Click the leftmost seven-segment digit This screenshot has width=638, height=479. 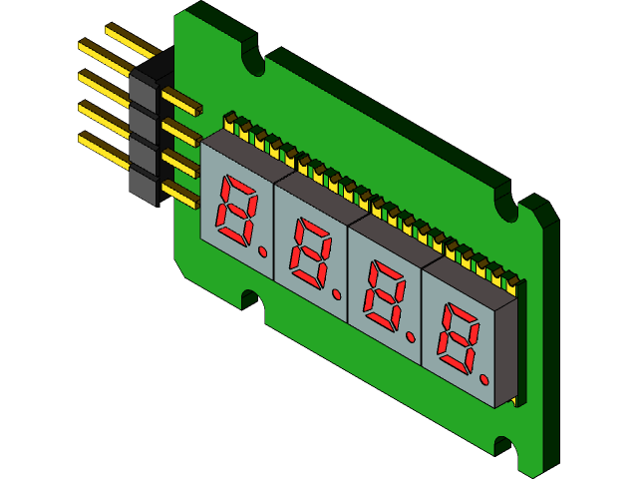tap(237, 211)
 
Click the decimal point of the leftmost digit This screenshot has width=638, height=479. tap(262, 252)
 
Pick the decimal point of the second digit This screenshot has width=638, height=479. tap(337, 295)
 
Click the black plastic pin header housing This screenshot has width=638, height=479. tap(144, 130)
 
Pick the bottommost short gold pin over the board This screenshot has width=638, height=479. tap(180, 194)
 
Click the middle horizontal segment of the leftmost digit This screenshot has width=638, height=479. tap(237, 211)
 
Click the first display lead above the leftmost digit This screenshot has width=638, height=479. tap(230, 122)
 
